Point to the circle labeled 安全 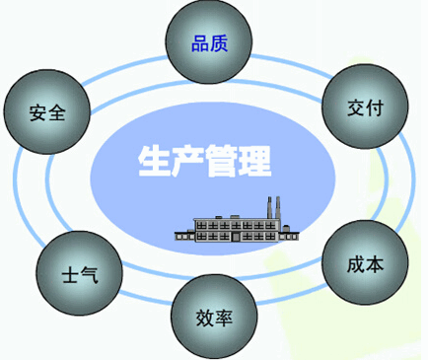point(47,111)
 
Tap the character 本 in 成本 point(376,264)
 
